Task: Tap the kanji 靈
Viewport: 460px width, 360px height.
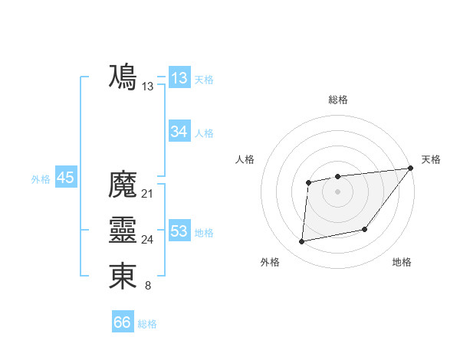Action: click(x=123, y=231)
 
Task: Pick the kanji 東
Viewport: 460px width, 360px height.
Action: click(x=123, y=277)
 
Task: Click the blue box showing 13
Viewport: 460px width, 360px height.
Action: click(x=179, y=78)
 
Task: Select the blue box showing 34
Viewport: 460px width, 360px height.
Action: click(x=179, y=132)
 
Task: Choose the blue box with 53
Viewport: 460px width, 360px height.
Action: click(x=179, y=231)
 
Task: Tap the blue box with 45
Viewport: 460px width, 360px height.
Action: click(x=65, y=178)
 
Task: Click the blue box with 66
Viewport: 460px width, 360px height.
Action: click(x=123, y=322)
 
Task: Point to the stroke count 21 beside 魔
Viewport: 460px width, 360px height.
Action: click(x=148, y=194)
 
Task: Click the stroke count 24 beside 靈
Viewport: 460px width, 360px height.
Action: click(x=148, y=240)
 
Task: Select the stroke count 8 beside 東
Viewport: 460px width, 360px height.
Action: click(x=148, y=286)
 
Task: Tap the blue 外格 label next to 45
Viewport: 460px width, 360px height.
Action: click(x=41, y=179)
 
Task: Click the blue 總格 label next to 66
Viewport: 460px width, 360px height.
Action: click(x=147, y=324)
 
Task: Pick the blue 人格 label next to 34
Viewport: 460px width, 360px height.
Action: click(x=204, y=133)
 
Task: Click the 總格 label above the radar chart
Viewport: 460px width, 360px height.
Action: click(x=337, y=100)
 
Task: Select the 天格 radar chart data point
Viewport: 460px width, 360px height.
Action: click(x=410, y=169)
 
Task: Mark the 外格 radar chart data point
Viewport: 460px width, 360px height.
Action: click(x=302, y=242)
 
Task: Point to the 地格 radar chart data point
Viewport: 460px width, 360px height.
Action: click(x=365, y=230)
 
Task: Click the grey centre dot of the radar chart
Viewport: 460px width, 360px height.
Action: click(x=337, y=191)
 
